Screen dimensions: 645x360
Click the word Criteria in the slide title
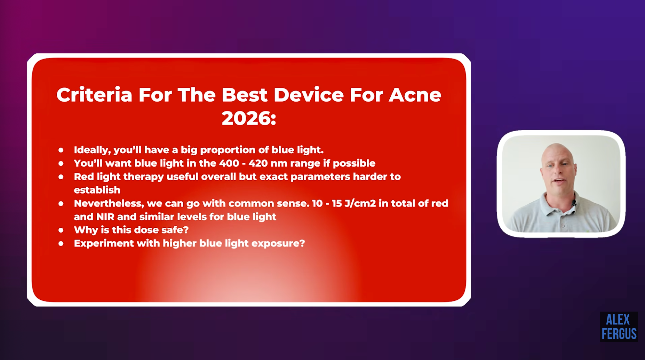[x=94, y=95]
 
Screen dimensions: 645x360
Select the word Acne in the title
[x=415, y=95]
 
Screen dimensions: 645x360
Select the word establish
[x=97, y=190]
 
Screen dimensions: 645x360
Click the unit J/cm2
[x=360, y=203]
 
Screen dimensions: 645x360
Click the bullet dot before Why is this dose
[x=61, y=230]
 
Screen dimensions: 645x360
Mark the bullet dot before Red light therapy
[x=61, y=177]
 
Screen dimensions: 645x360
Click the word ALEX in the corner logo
[x=618, y=320]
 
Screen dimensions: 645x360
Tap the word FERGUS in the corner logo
[x=619, y=334]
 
